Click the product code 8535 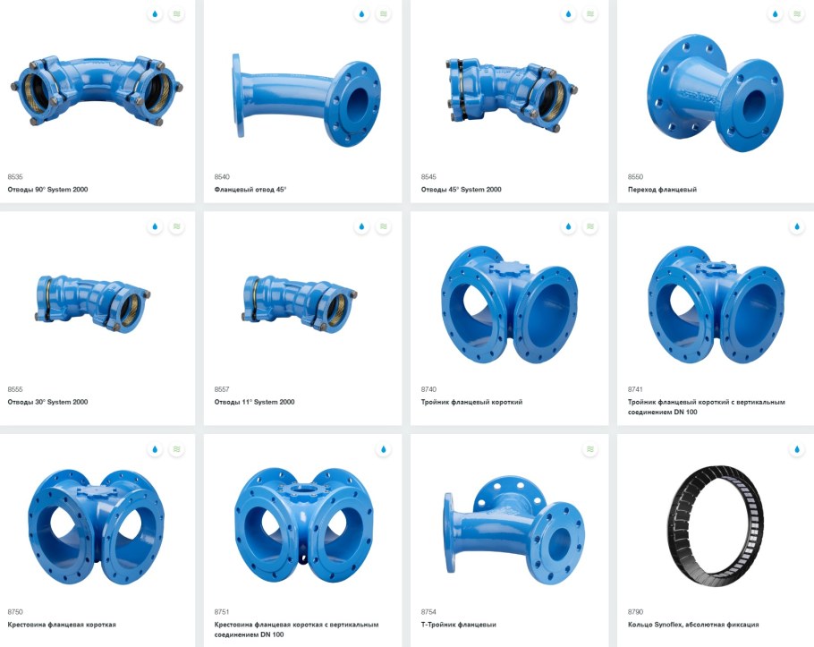(15, 176)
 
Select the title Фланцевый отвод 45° (250, 190)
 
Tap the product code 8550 (635, 176)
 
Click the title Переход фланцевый (662, 190)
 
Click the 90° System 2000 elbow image (98, 91)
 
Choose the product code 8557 (222, 389)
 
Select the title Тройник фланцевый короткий (471, 402)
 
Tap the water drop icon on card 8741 (797, 226)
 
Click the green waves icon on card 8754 (590, 449)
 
